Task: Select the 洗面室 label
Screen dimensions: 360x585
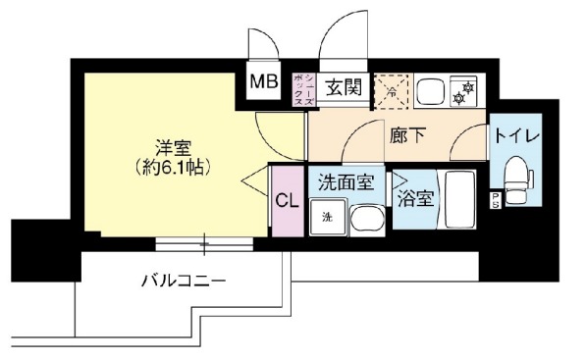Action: tap(346, 181)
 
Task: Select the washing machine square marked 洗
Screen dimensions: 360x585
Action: tap(327, 217)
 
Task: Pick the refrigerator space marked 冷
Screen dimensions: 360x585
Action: tap(391, 91)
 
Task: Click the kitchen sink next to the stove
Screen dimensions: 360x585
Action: tap(430, 92)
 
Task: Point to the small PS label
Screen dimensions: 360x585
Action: tap(495, 200)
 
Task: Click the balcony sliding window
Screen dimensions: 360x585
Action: tap(204, 242)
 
